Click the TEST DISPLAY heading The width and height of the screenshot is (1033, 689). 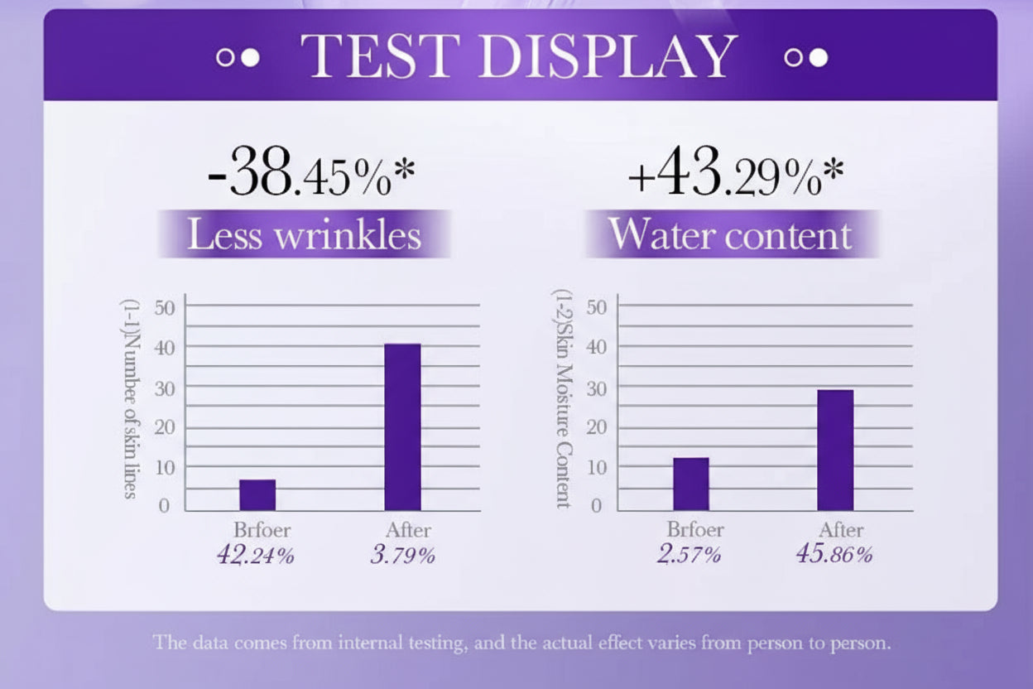pyautogui.click(x=518, y=56)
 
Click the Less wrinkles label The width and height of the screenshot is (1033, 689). pyautogui.click(x=304, y=234)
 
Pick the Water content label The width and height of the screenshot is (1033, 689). pyautogui.click(x=730, y=234)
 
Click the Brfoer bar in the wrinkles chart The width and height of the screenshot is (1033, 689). pyautogui.click(x=257, y=495)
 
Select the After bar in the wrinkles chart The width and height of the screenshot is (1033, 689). pyautogui.click(x=402, y=426)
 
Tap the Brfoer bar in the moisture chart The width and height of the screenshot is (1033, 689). pyautogui.click(x=691, y=484)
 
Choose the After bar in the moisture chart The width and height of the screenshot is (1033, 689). pyautogui.click(x=835, y=450)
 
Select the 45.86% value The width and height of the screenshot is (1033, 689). pyautogui.click(x=834, y=555)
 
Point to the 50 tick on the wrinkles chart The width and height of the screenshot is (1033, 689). pyautogui.click(x=166, y=307)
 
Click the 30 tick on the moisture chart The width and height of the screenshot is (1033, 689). pyautogui.click(x=598, y=388)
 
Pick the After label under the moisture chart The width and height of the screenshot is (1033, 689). pyautogui.click(x=841, y=530)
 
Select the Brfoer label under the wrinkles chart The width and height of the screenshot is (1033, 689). pyautogui.click(x=262, y=530)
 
